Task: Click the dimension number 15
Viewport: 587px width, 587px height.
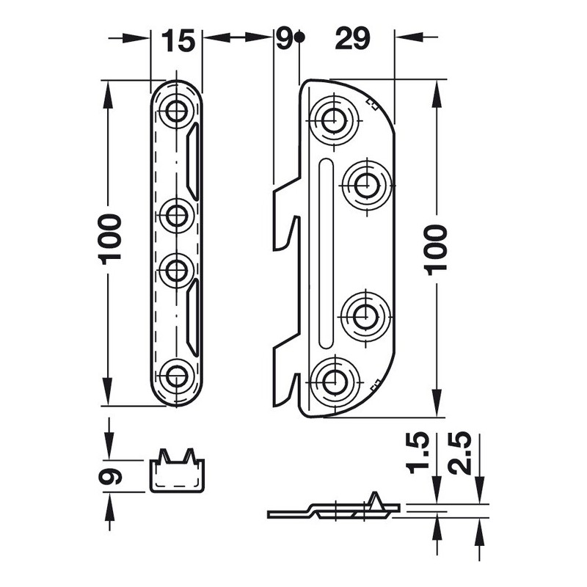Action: pyautogui.click(x=178, y=40)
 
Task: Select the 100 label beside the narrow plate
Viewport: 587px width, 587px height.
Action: pyautogui.click(x=109, y=239)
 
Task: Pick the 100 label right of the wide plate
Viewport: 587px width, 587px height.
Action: pyautogui.click(x=436, y=249)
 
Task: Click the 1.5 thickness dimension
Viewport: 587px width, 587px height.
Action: pyautogui.click(x=418, y=453)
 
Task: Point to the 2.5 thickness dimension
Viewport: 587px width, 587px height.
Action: pyautogui.click(x=460, y=453)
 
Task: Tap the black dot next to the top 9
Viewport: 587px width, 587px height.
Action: pyautogui.click(x=299, y=37)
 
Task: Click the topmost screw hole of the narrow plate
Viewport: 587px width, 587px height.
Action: pyautogui.click(x=176, y=112)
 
